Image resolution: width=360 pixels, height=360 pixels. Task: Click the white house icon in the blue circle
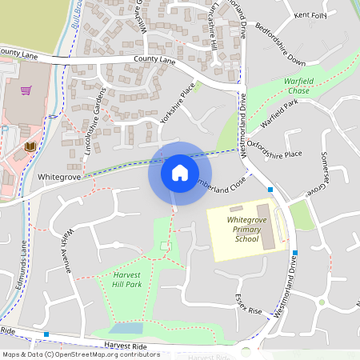tap(179, 172)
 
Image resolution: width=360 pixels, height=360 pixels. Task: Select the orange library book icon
tap(30, 147)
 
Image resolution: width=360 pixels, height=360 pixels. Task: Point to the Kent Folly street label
tap(311, 15)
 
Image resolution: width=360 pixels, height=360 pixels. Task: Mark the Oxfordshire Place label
tap(274, 149)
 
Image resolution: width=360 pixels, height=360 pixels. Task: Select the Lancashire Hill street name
tap(212, 32)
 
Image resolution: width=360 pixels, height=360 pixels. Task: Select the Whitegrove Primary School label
tap(246, 229)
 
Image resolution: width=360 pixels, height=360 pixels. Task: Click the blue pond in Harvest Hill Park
tap(126, 328)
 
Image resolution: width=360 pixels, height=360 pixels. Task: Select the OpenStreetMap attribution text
tap(80, 354)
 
